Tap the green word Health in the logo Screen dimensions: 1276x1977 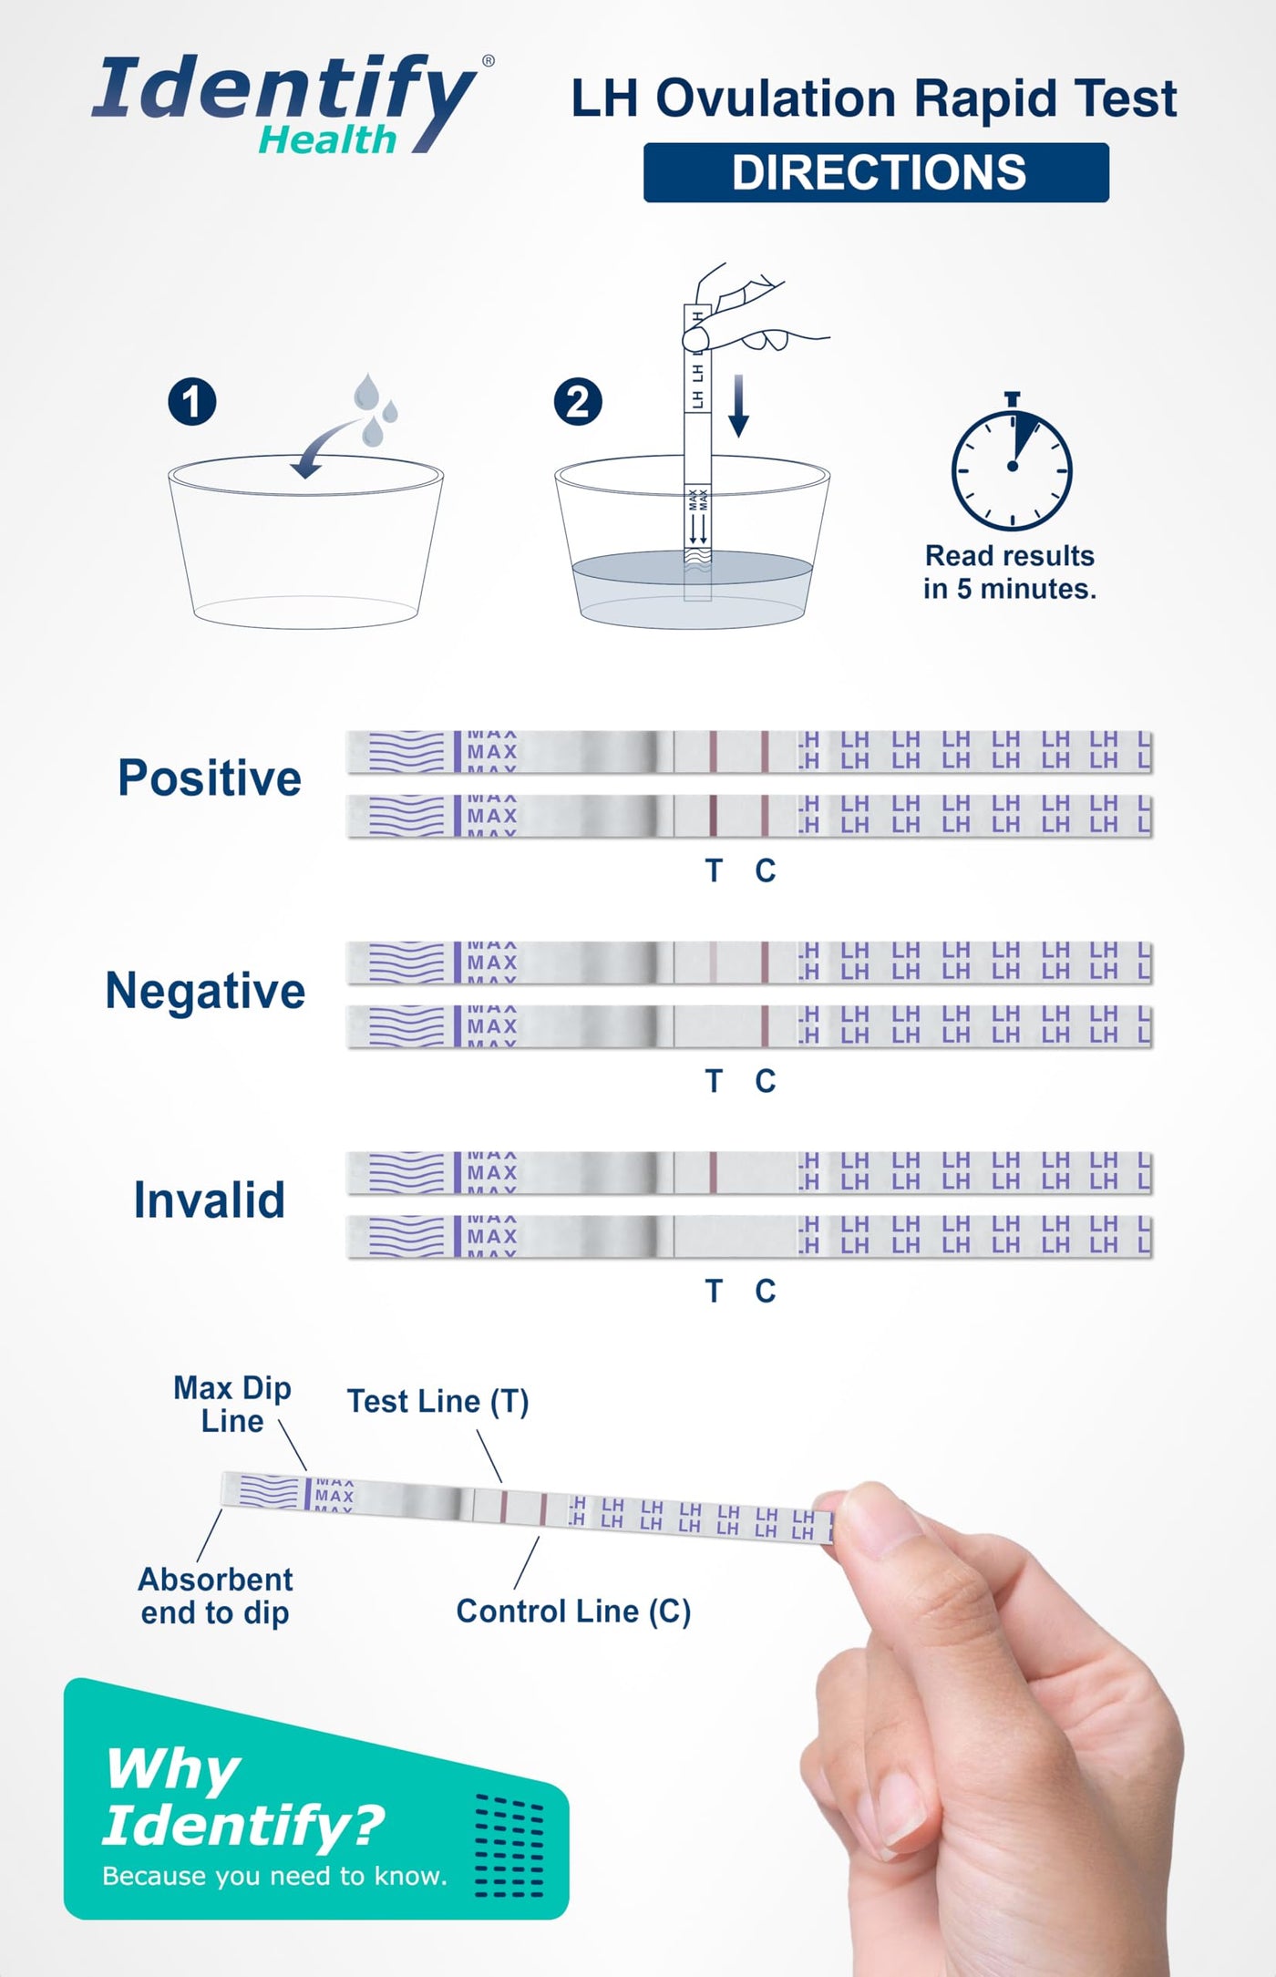point(328,140)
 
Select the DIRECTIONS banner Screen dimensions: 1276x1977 point(876,172)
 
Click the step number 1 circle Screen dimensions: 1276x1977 point(192,402)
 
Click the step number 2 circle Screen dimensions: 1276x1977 point(579,402)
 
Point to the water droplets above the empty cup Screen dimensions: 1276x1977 point(375,409)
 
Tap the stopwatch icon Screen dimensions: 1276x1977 point(1012,463)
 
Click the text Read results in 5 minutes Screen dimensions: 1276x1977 point(1010,572)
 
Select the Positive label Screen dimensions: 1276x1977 point(210,778)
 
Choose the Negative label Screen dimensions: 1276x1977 point(205,991)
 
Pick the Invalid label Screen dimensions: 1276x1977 point(210,1200)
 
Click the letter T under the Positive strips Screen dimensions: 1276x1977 point(714,870)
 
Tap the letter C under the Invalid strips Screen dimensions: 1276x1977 point(766,1291)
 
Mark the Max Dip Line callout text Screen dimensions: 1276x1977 point(232,1405)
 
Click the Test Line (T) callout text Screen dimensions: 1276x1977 point(437,1401)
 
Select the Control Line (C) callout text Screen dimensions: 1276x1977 point(573,1611)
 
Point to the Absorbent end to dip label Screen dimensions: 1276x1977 point(216,1596)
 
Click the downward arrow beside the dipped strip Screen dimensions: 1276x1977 point(739,406)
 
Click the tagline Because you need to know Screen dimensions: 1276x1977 point(275,1876)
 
